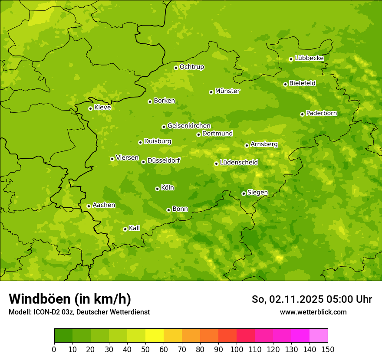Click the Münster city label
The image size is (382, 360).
click(x=227, y=91)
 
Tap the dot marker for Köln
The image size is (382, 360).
click(x=157, y=189)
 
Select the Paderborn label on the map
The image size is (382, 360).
click(x=321, y=113)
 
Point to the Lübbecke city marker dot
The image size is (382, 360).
click(x=291, y=59)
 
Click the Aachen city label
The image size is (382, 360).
click(x=104, y=205)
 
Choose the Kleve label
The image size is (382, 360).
click(x=102, y=108)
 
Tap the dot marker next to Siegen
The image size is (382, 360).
click(x=244, y=193)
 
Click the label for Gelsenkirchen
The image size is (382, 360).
click(x=189, y=126)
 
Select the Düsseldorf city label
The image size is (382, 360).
click(x=164, y=160)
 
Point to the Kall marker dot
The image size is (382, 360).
click(x=125, y=229)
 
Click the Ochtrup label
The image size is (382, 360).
click(x=191, y=67)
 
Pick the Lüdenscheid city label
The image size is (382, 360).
click(x=239, y=163)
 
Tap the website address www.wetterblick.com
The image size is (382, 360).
click(x=313, y=312)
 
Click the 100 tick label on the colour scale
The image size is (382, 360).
click(x=237, y=349)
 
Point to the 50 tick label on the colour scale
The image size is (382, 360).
click(x=145, y=349)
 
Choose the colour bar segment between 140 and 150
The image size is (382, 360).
click(x=319, y=336)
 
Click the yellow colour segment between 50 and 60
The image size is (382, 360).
click(x=155, y=336)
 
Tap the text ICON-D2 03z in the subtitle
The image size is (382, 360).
click(x=50, y=312)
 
